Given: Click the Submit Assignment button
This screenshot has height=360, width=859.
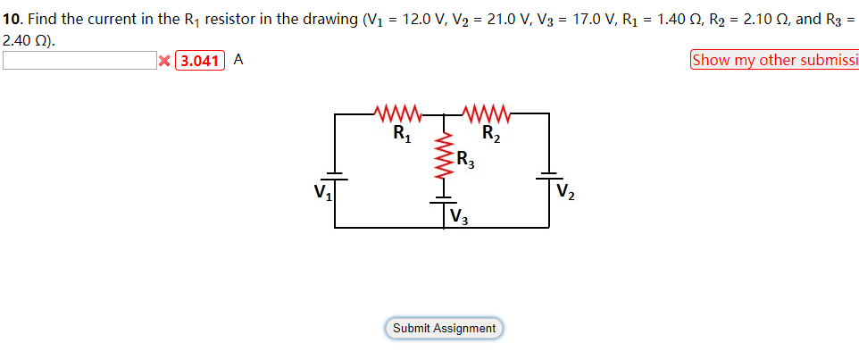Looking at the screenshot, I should [445, 328].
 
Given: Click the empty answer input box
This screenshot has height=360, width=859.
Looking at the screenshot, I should [79, 60].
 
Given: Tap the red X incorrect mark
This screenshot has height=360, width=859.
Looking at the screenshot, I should [164, 61].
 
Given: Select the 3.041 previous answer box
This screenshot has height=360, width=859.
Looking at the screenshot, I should [200, 61].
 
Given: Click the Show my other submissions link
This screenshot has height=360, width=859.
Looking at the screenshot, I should [773, 60].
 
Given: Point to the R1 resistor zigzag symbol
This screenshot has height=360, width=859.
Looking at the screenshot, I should [396, 114].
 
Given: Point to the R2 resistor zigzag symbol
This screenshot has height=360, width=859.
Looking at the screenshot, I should [487, 114].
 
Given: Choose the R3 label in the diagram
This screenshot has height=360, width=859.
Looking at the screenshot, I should [465, 161].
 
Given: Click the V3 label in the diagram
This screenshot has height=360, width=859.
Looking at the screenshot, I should [459, 216].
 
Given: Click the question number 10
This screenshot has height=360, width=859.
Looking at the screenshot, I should [13, 19].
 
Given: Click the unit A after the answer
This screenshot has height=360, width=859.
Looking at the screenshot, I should [238, 60].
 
